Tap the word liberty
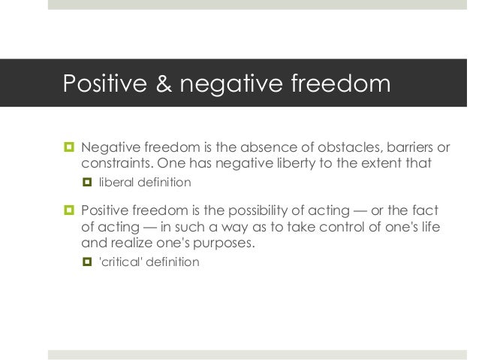point(294,163)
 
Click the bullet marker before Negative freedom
point(67,146)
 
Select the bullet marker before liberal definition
point(86,182)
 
